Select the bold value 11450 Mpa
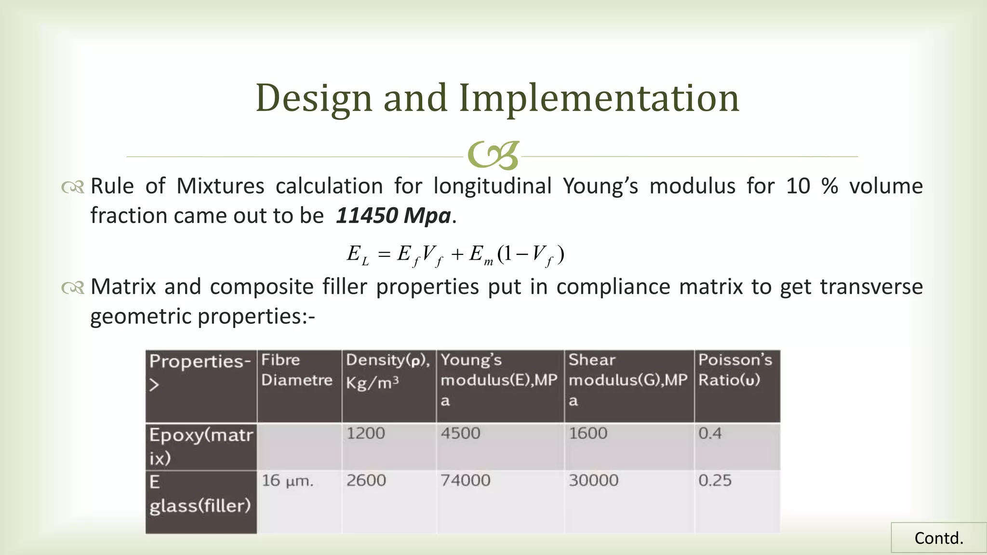point(393,215)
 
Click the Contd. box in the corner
point(938,538)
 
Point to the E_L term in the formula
point(357,254)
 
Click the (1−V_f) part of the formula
point(531,254)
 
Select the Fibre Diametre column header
point(297,370)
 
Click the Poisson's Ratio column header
point(735,370)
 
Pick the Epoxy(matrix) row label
point(200,446)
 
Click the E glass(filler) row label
point(200,494)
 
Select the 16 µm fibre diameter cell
point(287,480)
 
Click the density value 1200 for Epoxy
point(366,433)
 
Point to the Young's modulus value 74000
point(465,480)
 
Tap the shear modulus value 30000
point(593,480)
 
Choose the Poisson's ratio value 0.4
point(710,433)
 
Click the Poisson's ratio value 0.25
point(715,480)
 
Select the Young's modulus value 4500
point(460,433)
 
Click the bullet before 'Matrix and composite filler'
point(73,288)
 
